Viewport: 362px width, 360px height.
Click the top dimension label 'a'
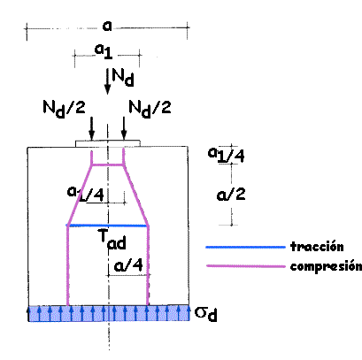[x=107, y=26]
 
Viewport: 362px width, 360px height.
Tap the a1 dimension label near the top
[x=104, y=51]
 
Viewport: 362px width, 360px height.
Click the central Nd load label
[x=123, y=78]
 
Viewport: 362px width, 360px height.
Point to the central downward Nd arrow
[x=107, y=81]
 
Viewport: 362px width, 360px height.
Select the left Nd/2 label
[x=64, y=109]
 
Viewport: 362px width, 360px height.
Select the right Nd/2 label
[x=150, y=109]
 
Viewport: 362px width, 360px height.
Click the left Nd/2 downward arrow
[x=92, y=128]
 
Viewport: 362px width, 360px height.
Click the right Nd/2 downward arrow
[x=124, y=128]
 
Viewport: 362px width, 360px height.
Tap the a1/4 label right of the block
[x=227, y=155]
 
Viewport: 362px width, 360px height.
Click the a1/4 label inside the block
[x=86, y=194]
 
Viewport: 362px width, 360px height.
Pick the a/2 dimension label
[x=231, y=195]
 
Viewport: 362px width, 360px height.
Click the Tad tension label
[x=112, y=239]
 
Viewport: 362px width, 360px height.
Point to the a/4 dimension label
[x=128, y=265]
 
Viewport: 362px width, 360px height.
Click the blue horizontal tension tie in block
[x=108, y=226]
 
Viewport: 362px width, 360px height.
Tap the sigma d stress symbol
[x=206, y=314]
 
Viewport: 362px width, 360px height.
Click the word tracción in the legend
[x=317, y=246]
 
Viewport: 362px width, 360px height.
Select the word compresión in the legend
[x=326, y=266]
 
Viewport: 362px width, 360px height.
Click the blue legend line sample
[x=246, y=247]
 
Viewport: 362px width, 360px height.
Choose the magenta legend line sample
[x=246, y=266]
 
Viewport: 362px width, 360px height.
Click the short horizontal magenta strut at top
[x=107, y=165]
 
